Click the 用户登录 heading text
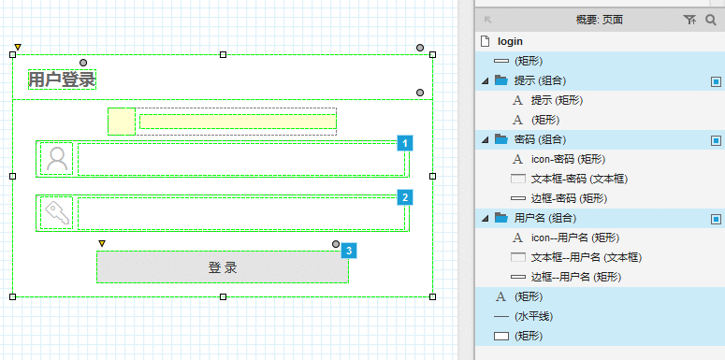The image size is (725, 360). [62, 79]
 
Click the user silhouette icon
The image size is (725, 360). [57, 159]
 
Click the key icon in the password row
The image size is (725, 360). [57, 212]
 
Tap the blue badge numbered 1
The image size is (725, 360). [405, 143]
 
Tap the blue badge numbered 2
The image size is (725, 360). [405, 198]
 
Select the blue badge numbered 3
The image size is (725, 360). [349, 251]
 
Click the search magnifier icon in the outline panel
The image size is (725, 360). [710, 20]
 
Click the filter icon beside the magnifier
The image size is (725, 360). [689, 20]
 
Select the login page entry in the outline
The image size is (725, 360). [510, 41]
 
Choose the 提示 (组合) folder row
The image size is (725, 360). [540, 80]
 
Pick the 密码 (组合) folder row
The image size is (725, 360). [540, 139]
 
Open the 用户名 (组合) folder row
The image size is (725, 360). [545, 218]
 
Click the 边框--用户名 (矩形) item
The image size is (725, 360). [575, 277]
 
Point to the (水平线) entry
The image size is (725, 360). [533, 317]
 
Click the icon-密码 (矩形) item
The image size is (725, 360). [568, 160]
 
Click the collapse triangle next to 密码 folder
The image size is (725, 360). [485, 139]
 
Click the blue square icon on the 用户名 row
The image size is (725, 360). [716, 219]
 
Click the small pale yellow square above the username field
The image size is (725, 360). [122, 122]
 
